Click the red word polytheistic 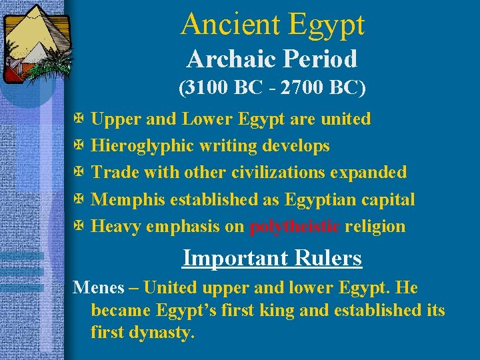(x=295, y=226)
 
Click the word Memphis (x=128, y=199)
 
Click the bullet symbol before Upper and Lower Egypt (x=79, y=119)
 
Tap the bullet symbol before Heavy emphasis (x=79, y=226)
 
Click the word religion (x=375, y=226)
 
